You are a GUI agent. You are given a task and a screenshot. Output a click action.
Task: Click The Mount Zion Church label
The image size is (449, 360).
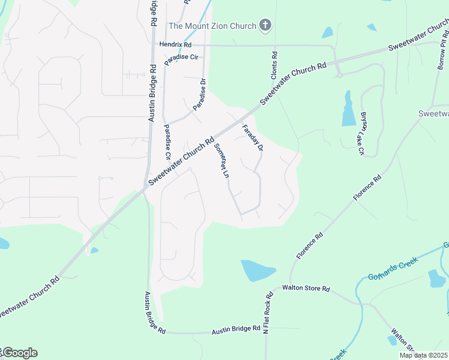(x=212, y=25)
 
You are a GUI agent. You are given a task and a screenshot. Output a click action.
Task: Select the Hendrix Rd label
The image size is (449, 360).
(x=175, y=44)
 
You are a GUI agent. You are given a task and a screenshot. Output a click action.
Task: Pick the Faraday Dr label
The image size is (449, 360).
(x=252, y=137)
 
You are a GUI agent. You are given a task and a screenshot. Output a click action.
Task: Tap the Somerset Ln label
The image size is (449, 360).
(x=221, y=160)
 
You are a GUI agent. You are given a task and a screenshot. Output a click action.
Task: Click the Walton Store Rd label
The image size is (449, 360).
(x=306, y=289)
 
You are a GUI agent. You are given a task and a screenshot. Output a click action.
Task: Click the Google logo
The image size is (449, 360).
(x=20, y=353)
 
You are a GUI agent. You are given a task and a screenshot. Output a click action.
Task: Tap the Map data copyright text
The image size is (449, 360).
(x=424, y=355)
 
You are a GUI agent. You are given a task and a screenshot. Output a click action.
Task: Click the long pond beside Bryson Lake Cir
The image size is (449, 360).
(x=349, y=110)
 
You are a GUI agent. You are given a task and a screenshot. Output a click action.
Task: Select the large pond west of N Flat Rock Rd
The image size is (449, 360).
(x=258, y=271)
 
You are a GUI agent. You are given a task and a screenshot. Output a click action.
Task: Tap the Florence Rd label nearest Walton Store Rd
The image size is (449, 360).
(x=309, y=246)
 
